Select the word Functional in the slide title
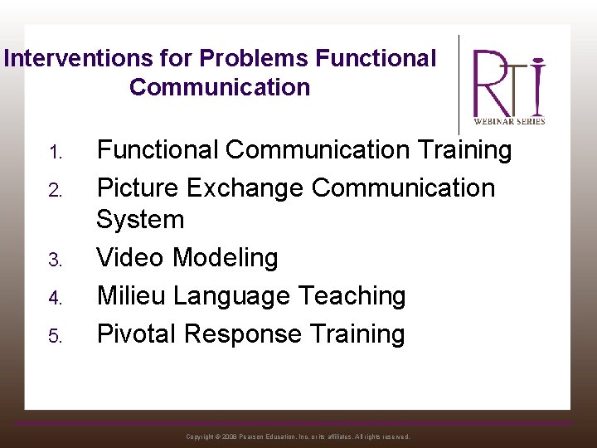pos(376,59)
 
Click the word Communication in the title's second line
pos(220,87)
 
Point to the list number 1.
pos(55,153)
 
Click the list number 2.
pos(55,191)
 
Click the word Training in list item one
pos(464,150)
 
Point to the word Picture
pos(138,188)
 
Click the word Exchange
pos(245,188)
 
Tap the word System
pos(140,220)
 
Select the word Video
pos(131,258)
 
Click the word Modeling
pos(226,258)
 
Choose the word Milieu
pos(132,296)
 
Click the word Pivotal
pos(137,334)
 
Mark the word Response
pos(243,334)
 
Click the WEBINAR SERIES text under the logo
pos(509,121)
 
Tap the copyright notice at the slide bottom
pos(298,436)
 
